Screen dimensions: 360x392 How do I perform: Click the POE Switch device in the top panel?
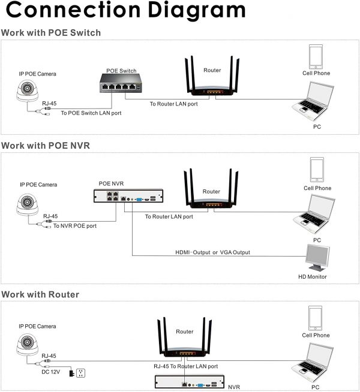(121, 83)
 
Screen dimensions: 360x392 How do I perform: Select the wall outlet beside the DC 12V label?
(80, 373)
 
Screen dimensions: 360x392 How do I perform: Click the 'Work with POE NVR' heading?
(46, 146)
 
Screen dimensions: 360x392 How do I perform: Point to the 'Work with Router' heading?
(40, 294)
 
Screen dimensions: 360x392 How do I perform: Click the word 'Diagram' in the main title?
(197, 11)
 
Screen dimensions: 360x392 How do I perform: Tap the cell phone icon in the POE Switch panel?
(316, 57)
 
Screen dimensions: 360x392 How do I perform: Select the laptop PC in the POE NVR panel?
(314, 214)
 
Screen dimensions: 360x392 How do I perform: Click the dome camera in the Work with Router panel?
(27, 345)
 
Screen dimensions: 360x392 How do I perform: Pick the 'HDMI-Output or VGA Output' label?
(212, 252)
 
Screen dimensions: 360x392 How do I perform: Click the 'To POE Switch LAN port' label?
(91, 113)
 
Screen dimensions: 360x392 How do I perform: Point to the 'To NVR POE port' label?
(75, 226)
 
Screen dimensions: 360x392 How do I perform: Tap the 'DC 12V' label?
(50, 372)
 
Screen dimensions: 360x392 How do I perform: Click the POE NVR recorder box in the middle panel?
(128, 196)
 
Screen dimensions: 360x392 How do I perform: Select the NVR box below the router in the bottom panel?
(190, 381)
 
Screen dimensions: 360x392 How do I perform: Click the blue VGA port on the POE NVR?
(139, 200)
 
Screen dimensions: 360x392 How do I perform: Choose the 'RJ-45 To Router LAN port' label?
(185, 366)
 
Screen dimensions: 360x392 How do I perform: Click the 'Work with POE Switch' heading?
(51, 33)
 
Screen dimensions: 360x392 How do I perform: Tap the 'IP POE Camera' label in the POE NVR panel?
(38, 185)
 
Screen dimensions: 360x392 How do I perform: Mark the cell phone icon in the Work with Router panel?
(315, 318)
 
